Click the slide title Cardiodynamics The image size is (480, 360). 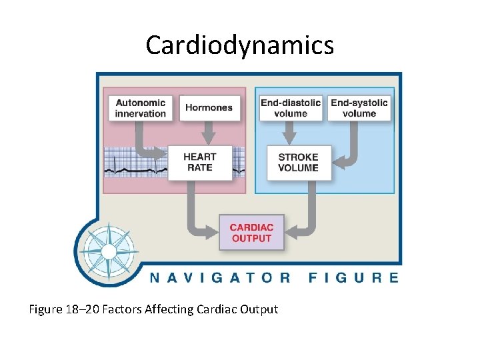pyautogui.click(x=239, y=45)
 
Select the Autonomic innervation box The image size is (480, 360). pyautogui.click(x=141, y=108)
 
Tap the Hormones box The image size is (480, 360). pyautogui.click(x=209, y=108)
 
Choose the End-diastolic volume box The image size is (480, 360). pyautogui.click(x=291, y=108)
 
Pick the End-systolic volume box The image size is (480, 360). pyautogui.click(x=359, y=108)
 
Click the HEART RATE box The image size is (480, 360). pyautogui.click(x=200, y=162)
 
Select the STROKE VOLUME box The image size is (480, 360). pyautogui.click(x=298, y=162)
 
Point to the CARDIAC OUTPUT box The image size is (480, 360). pyautogui.click(x=251, y=233)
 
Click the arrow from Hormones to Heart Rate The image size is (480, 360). pyautogui.click(x=209, y=133)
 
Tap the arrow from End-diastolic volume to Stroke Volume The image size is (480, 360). pyautogui.click(x=291, y=133)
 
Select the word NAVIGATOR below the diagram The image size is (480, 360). pyautogui.click(x=220, y=277)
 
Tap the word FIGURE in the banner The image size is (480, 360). pyautogui.click(x=353, y=277)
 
